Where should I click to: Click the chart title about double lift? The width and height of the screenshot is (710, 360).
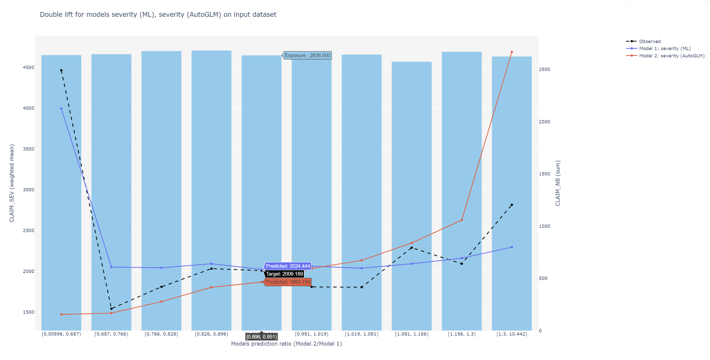[x=158, y=15]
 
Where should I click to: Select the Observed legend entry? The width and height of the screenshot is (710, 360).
[x=650, y=41]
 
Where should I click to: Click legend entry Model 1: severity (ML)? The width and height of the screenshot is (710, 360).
[x=664, y=48]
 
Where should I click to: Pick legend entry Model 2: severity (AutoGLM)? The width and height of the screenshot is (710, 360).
[x=671, y=55]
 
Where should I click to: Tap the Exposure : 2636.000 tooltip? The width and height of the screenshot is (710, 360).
[x=307, y=55]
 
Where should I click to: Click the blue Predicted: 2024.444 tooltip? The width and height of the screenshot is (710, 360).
[x=288, y=266]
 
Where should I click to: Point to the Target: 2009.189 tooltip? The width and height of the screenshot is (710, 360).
[x=284, y=274]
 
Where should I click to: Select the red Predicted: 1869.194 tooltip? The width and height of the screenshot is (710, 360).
[x=288, y=282]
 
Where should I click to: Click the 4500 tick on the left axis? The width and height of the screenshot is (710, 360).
[x=28, y=67]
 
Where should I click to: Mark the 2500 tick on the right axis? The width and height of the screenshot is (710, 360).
[x=544, y=70]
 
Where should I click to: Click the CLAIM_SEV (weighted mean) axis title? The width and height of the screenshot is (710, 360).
[x=12, y=183]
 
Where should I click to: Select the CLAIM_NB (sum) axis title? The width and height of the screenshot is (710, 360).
[x=558, y=183]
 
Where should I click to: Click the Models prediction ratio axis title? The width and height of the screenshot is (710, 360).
[x=286, y=344]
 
